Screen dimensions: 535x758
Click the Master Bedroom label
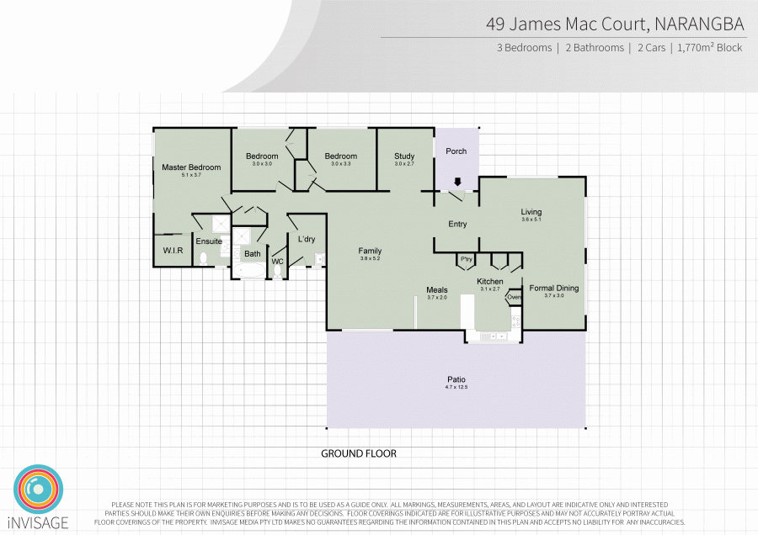191,167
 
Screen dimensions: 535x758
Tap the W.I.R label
173,251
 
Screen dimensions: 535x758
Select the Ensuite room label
208,241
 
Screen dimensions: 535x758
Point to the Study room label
404,156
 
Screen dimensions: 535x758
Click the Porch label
456,151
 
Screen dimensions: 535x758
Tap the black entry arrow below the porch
457,182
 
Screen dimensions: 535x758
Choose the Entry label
457,224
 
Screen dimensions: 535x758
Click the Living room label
531,212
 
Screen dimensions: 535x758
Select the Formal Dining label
553,289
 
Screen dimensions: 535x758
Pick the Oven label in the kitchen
515,297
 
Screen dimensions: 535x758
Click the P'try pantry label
466,258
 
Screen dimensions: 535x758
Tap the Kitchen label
490,281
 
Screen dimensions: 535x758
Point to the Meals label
436,290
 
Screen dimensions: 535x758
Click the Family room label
370,251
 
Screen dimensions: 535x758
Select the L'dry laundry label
306,240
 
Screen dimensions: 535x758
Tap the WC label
276,262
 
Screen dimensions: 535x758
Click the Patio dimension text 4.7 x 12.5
456,387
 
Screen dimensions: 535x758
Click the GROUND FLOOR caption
359,453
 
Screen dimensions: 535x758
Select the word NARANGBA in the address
698,24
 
